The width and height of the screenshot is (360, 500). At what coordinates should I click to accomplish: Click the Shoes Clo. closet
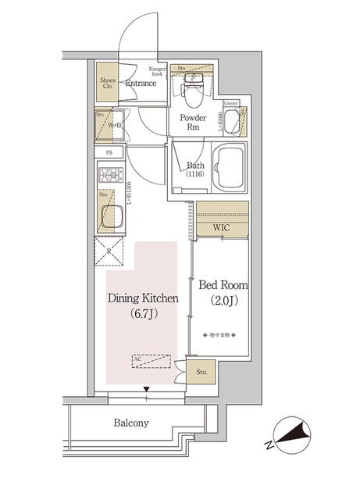point(108,85)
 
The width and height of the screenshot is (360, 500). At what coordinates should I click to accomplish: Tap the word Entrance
point(141,83)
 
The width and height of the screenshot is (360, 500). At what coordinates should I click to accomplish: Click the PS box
point(109,154)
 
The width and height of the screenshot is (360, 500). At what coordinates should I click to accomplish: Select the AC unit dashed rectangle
point(151,361)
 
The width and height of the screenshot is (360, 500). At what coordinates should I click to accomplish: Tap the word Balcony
point(130,423)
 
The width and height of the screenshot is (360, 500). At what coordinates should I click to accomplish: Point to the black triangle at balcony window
point(145,388)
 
